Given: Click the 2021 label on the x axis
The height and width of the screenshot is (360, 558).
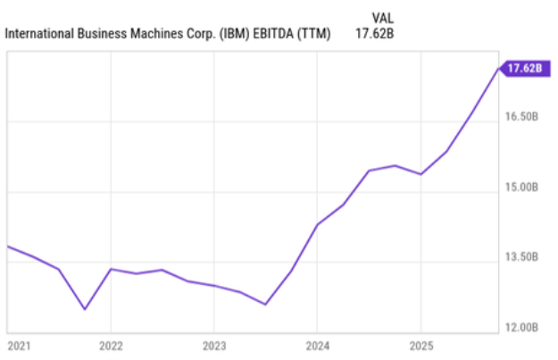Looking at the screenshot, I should (x=18, y=345).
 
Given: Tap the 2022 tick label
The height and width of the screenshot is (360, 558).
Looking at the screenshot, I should (x=111, y=345).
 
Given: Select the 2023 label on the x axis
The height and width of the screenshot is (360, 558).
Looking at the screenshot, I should (x=214, y=345).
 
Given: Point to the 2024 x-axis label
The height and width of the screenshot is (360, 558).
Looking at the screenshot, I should (x=318, y=345).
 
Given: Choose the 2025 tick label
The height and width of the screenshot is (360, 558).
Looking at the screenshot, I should (x=421, y=345).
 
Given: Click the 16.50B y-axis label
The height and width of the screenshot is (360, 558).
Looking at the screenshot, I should (x=522, y=117).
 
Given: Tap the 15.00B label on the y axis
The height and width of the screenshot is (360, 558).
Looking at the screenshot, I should (x=522, y=188).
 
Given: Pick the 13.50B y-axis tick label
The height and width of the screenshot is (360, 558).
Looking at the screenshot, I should (x=522, y=257).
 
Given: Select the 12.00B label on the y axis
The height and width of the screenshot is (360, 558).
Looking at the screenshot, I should (x=522, y=328).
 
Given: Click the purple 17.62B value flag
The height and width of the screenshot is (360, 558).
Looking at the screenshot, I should (x=523, y=68).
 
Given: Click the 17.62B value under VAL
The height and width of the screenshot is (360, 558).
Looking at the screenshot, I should (x=374, y=35).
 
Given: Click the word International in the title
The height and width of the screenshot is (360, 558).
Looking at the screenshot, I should (x=38, y=35).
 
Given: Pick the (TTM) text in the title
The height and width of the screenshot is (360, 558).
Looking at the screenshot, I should (x=317, y=35).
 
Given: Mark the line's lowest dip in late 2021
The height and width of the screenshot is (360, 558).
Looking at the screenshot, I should (x=85, y=309).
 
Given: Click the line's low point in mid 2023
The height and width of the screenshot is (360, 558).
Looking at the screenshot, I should (x=266, y=304).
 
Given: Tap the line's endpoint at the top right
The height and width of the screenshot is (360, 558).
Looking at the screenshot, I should (x=499, y=68).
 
